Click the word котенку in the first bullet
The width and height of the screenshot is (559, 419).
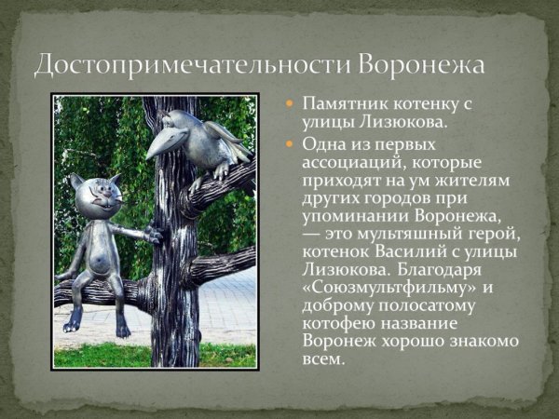[x=420, y=104]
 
